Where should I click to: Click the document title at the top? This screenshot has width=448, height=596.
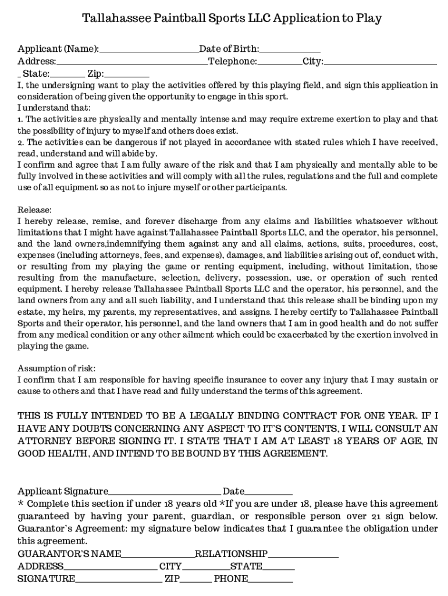(232, 19)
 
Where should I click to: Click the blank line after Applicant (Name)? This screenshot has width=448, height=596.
(149, 49)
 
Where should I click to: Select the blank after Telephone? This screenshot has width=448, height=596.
(280, 62)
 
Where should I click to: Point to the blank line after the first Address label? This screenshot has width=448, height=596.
(132, 62)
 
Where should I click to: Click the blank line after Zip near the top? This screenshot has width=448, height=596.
(127, 74)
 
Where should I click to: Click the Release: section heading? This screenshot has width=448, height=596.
(35, 210)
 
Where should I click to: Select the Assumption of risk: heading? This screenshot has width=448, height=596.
(56, 368)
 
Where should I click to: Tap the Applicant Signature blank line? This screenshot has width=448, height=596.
(164, 492)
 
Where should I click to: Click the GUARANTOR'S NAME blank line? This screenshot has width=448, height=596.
(158, 554)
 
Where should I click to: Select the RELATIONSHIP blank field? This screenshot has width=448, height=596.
(303, 554)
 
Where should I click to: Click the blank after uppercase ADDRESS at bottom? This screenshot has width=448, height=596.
(110, 566)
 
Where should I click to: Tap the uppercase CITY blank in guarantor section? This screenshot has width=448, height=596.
(205, 566)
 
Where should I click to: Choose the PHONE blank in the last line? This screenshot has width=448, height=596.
(271, 579)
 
